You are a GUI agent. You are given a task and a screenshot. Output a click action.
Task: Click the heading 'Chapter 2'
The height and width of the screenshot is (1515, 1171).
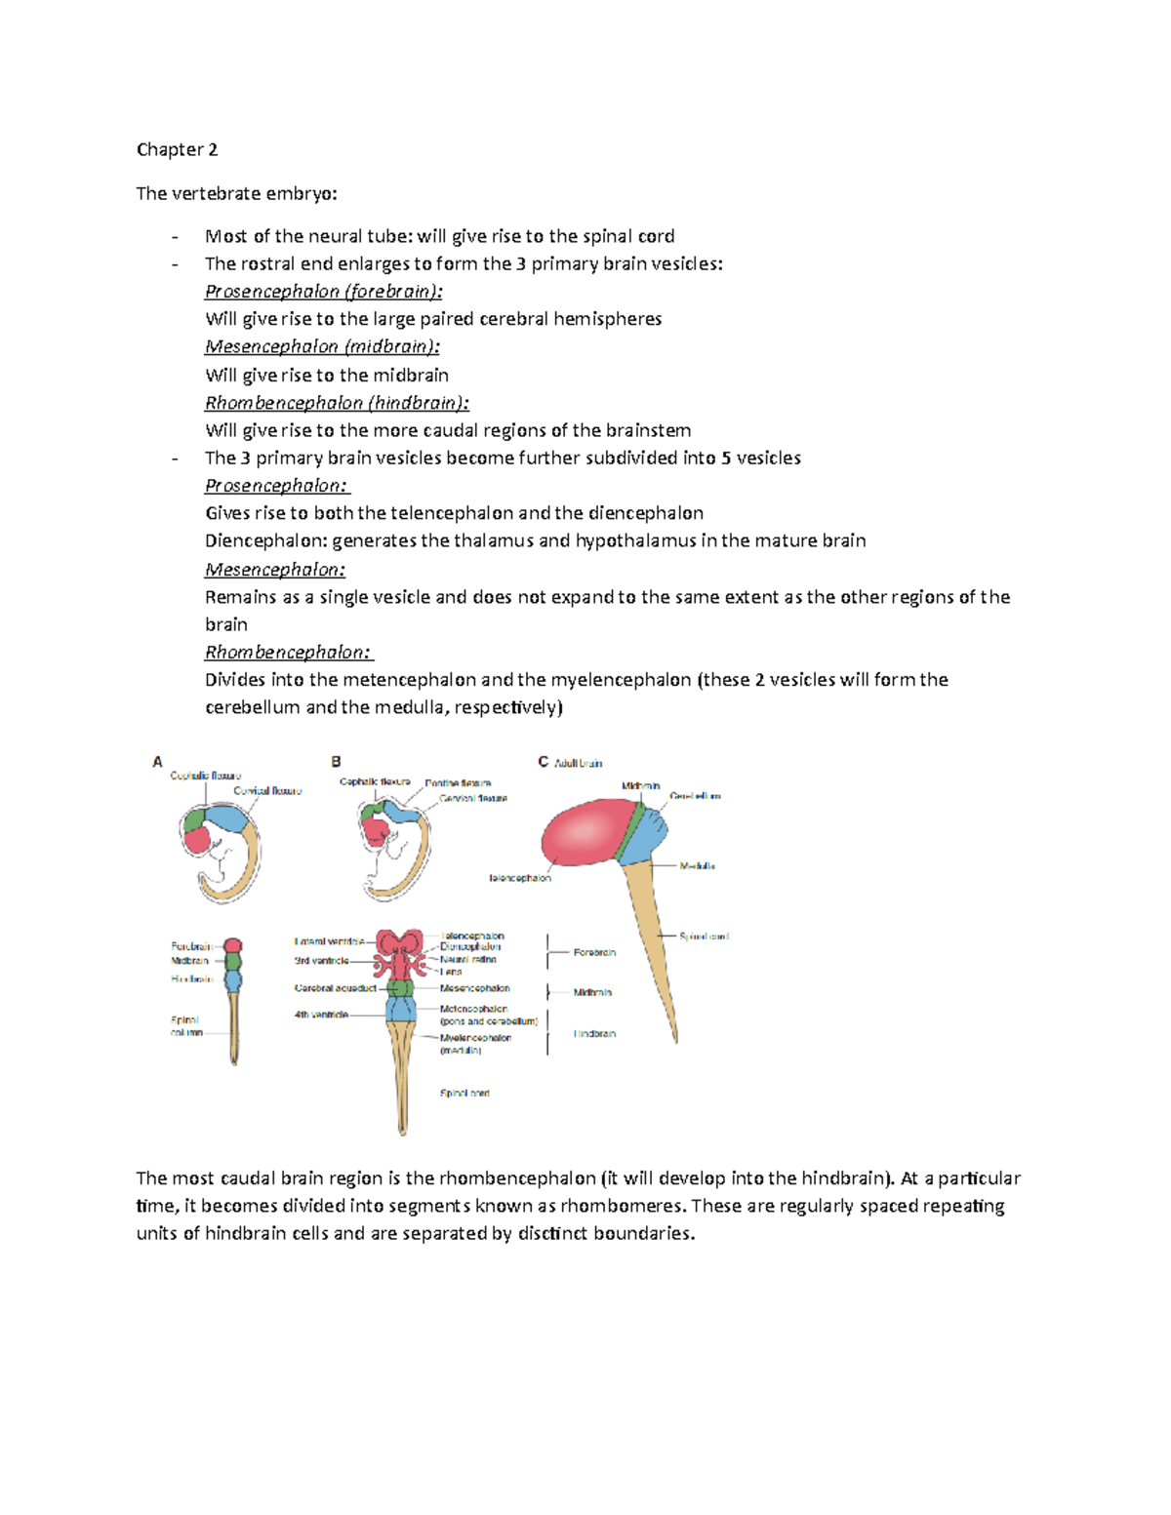point(177,149)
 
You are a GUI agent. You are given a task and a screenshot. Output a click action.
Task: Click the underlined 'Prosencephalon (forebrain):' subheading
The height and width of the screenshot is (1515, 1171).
point(323,292)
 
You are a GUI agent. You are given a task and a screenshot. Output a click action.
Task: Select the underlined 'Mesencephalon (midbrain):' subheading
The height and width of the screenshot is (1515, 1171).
point(322,346)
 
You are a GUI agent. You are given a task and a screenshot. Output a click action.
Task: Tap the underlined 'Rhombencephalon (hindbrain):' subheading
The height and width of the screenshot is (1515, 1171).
point(337,403)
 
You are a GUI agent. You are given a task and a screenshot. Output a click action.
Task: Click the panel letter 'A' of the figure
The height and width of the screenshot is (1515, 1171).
point(157,762)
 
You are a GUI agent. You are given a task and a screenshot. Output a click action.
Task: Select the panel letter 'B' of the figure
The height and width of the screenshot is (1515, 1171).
point(336,762)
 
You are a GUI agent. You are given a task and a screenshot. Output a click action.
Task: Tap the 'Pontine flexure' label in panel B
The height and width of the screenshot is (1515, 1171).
point(458,783)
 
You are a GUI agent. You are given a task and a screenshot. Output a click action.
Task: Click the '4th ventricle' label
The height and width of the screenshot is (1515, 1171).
point(321,1015)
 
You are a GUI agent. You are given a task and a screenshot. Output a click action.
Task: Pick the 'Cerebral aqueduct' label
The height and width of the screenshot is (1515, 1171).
point(335,988)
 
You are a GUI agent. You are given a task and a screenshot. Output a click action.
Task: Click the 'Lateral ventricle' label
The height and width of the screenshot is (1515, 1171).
point(329,941)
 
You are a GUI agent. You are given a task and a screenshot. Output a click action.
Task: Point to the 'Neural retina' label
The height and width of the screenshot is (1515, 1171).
point(467,960)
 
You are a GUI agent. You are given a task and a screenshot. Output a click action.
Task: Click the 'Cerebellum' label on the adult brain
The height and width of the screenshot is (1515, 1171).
point(695,796)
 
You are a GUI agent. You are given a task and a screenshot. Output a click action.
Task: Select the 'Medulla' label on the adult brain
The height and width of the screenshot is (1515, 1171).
point(697,866)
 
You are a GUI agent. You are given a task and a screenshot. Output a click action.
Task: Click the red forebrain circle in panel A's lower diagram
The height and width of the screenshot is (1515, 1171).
point(232,945)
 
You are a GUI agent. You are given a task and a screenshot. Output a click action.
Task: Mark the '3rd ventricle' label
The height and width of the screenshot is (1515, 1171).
point(321,961)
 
